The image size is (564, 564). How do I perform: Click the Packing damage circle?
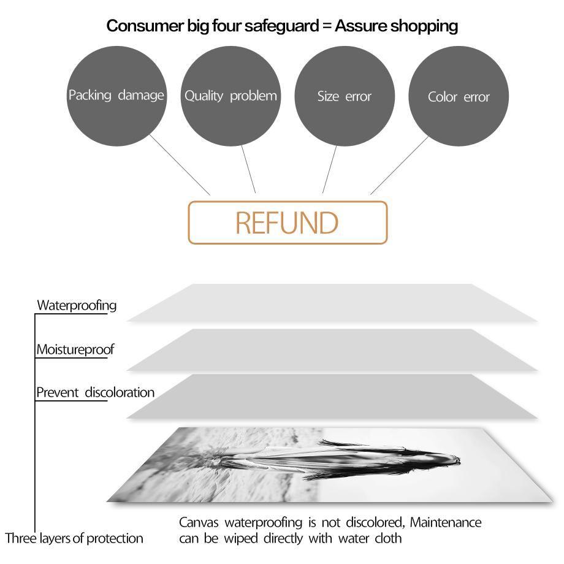click(116, 96)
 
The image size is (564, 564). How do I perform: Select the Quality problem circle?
click(231, 96)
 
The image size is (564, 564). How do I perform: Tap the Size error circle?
click(345, 96)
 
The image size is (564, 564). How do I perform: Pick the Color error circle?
click(459, 96)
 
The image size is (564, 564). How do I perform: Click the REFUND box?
click(288, 223)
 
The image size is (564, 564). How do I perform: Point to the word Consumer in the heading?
click(145, 26)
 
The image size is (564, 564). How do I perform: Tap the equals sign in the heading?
click(327, 26)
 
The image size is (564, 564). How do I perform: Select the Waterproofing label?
click(77, 305)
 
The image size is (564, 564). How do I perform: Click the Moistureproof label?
click(75, 349)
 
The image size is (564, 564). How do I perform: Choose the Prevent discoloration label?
click(95, 392)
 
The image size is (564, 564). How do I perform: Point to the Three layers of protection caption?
click(74, 538)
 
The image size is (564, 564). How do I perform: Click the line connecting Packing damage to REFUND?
click(180, 165)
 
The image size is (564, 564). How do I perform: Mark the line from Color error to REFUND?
click(400, 166)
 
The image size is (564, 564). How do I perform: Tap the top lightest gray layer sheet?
click(332, 303)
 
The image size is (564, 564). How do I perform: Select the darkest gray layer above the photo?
click(332, 396)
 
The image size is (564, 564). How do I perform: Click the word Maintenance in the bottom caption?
click(446, 522)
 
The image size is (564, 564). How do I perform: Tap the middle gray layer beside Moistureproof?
click(332, 349)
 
